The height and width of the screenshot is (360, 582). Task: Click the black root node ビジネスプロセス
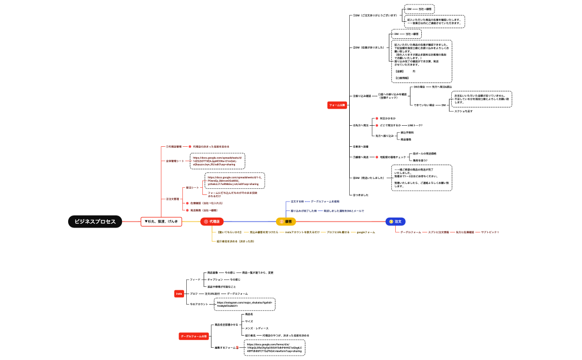95,222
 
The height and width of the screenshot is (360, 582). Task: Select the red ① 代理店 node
212,222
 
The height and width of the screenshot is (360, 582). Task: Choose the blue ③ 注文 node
397,222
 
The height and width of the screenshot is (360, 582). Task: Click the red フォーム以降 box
337,104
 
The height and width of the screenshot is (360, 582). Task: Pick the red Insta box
179,294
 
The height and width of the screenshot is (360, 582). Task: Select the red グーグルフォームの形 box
193,336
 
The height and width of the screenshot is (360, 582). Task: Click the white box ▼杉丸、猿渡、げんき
161,222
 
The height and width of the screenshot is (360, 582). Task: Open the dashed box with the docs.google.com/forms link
274,348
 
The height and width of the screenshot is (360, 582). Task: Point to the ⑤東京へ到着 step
361,147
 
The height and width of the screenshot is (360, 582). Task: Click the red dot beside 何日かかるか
376,119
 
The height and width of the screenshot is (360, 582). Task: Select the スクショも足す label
463,111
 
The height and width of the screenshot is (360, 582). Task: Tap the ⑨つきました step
361,195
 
